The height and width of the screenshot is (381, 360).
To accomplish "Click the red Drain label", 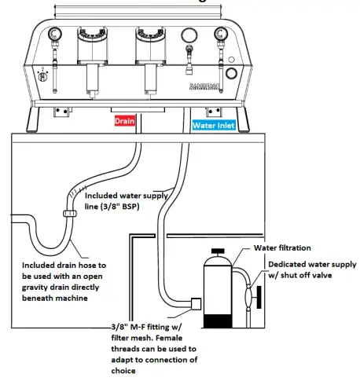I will pos(125,123).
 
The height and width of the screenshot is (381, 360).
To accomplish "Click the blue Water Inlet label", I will pos(218,123).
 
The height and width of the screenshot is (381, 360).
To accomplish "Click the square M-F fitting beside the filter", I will pos(197,302).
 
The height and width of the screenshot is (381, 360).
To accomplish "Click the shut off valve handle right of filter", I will pos(252,298).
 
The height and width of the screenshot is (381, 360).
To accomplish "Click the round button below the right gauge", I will pos(231,73).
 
